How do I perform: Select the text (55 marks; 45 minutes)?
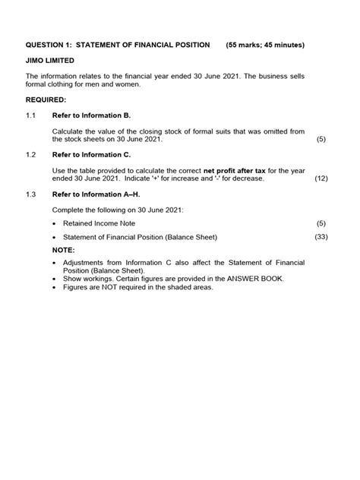pos(265,45)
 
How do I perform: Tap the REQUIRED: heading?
pos(46,99)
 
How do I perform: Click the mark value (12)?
pos(321,178)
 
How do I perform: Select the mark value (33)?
pos(321,238)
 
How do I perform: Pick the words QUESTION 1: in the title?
pos(53,45)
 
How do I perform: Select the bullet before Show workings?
pos(55,279)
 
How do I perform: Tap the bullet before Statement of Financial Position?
pos(55,238)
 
